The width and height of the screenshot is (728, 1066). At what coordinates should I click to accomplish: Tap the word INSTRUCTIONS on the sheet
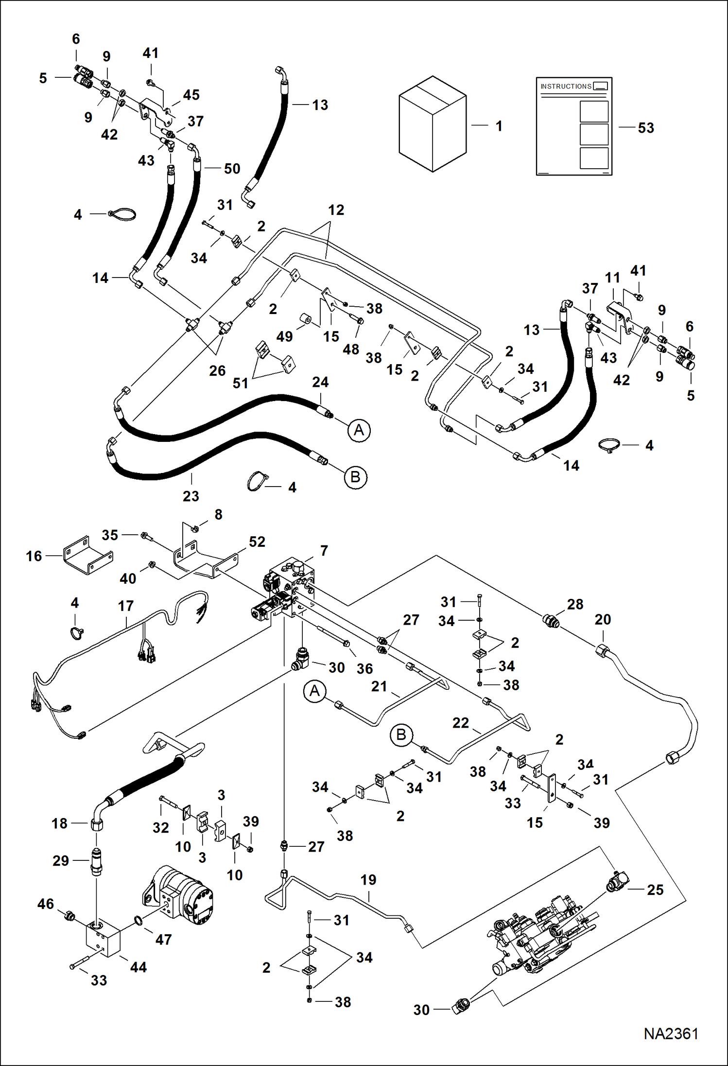(566, 87)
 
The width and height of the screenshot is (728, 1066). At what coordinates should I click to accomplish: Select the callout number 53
(646, 128)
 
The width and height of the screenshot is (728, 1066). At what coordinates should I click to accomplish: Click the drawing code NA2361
(671, 1033)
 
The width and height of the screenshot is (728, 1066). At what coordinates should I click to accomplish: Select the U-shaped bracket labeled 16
(87, 556)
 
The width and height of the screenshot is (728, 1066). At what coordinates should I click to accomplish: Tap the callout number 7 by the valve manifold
(324, 551)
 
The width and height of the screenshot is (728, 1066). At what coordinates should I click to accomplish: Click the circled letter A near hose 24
(359, 430)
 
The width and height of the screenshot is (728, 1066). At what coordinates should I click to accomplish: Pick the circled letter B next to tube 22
(401, 734)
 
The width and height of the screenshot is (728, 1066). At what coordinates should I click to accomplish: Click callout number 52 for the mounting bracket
(257, 542)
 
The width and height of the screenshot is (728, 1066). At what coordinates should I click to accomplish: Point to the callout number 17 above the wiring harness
(125, 606)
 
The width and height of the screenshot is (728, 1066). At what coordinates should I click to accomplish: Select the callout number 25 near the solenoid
(655, 890)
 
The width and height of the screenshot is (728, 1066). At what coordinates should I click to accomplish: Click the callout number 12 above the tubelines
(336, 210)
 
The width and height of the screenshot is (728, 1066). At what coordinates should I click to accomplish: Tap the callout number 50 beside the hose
(232, 169)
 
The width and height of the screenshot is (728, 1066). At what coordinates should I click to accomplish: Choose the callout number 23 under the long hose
(191, 496)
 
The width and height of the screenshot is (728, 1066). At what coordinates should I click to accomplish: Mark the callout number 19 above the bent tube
(368, 880)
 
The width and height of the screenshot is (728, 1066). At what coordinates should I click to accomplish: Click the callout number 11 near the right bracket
(612, 278)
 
